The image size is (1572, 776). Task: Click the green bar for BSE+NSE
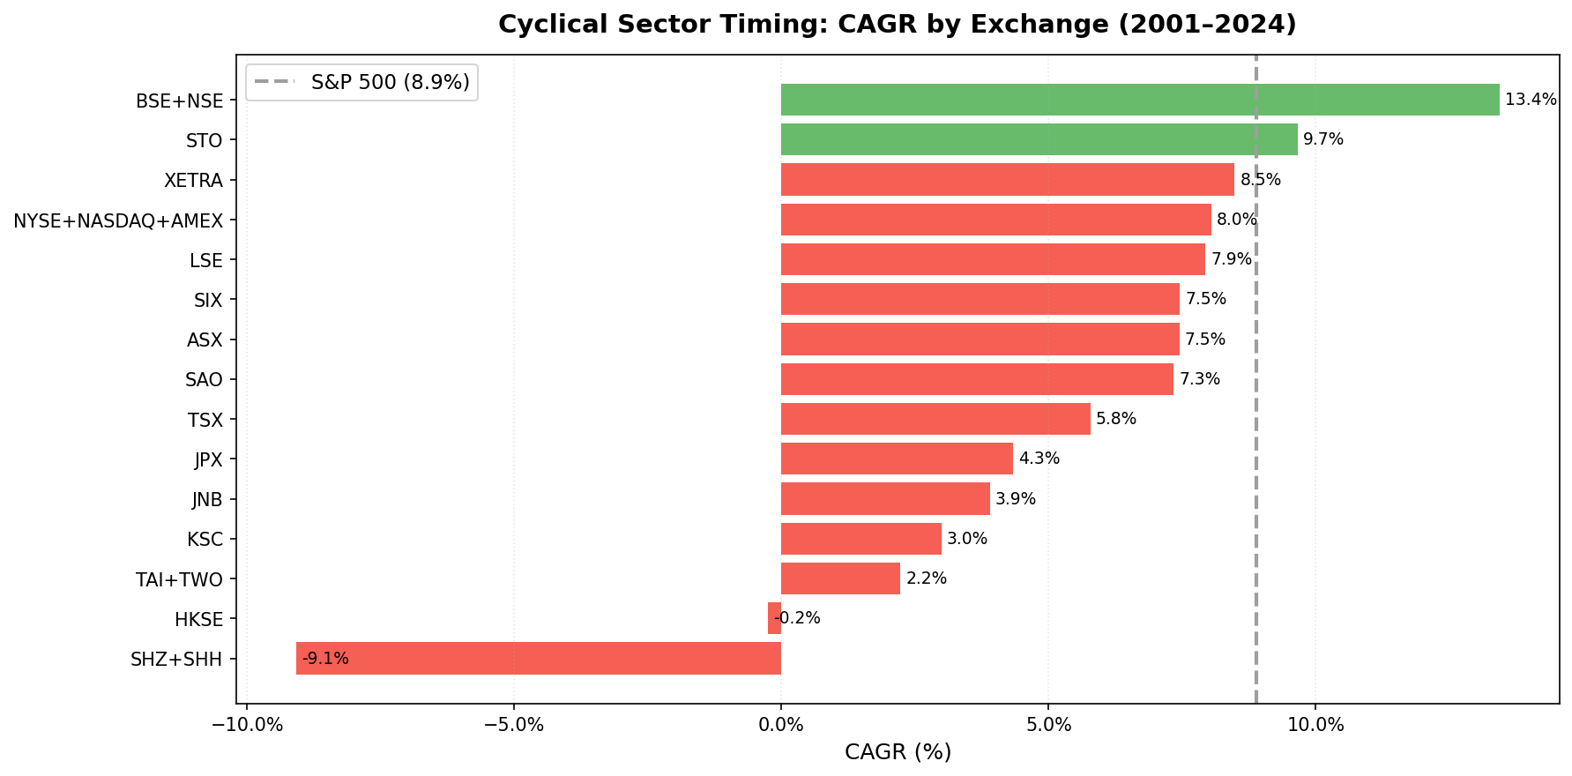point(1139,100)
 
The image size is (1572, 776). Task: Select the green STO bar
point(1039,139)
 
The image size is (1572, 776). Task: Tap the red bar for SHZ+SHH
point(538,659)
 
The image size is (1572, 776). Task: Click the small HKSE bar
point(774,618)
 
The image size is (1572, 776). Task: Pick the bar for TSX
point(935,419)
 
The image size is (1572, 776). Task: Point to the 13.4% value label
point(1531,100)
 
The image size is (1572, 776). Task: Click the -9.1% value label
point(325,659)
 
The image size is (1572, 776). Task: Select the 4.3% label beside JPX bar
point(1039,459)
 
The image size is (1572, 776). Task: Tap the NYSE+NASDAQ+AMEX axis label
point(118,220)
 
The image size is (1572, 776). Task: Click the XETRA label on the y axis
point(193,181)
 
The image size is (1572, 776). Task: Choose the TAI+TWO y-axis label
point(179,579)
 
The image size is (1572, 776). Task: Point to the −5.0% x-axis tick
point(513,726)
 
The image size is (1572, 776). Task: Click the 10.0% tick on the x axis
point(1315,726)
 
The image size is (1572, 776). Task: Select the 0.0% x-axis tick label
point(780,726)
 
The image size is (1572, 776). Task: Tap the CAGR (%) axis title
point(898,752)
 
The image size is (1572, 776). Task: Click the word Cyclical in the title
point(540,25)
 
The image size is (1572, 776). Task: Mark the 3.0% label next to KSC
point(966,539)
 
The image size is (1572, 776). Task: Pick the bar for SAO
point(977,379)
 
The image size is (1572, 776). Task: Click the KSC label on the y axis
point(205,540)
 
